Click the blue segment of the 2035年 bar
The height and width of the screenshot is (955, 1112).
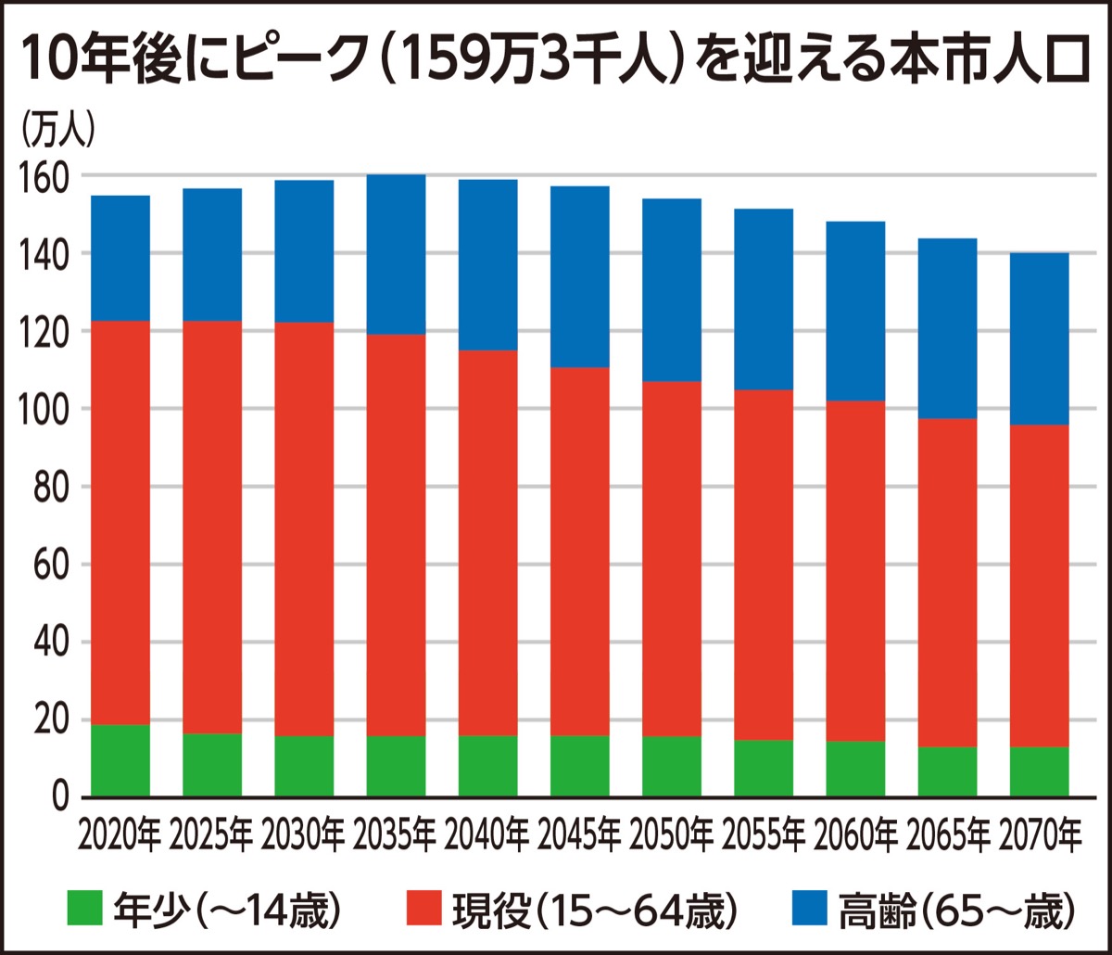point(396,254)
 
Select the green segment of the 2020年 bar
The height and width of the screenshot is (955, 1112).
point(120,760)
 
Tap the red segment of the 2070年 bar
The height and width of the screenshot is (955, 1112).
point(1039,585)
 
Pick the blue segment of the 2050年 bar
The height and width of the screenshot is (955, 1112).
point(672,289)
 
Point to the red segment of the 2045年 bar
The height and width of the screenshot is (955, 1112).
point(580,551)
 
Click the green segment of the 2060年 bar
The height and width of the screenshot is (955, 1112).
point(855,769)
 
